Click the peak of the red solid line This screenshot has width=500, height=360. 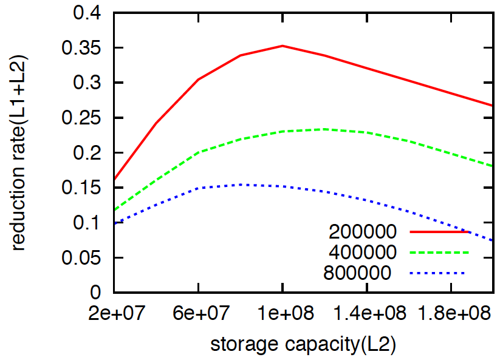tap(283, 46)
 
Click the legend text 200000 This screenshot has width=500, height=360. tap(363, 232)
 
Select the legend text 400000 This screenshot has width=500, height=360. tap(363, 252)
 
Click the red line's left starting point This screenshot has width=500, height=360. tap(114, 180)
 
